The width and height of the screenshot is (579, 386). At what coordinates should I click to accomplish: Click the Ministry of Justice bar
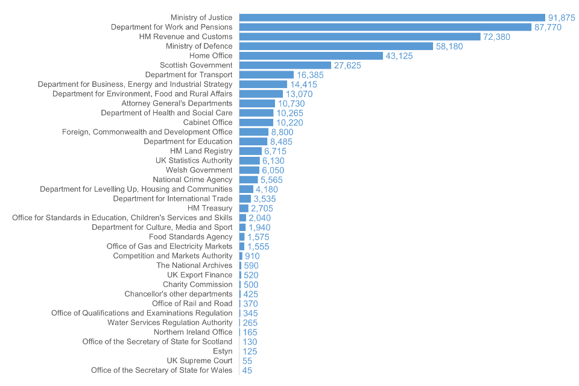tap(392, 17)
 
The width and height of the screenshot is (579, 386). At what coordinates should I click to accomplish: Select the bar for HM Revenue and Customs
tap(359, 37)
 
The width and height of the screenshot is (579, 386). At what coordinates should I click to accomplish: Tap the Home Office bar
tap(311, 55)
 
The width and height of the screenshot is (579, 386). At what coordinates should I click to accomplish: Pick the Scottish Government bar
tap(285, 65)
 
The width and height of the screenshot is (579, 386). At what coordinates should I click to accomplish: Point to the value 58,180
tap(449, 46)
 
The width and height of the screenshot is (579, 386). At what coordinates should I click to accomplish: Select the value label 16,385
tap(310, 75)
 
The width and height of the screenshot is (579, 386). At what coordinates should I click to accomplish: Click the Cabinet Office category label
tap(207, 122)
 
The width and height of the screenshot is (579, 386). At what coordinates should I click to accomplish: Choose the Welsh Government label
tap(198, 170)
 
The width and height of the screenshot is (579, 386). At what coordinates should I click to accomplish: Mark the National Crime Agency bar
tap(248, 180)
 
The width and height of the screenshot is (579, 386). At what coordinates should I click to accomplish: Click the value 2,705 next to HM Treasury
tap(262, 208)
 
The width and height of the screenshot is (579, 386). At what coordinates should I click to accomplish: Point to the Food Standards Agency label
tap(191, 237)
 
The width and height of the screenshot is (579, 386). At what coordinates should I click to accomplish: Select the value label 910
tap(252, 256)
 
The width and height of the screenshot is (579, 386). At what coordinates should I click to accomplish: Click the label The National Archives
tap(194, 265)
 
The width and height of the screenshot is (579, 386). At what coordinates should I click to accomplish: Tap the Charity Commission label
tap(197, 284)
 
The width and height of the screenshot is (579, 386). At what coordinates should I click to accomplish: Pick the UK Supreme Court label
tap(199, 361)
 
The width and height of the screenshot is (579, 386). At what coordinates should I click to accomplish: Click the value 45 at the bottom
tap(247, 370)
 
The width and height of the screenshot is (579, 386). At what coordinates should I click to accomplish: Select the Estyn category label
tap(223, 351)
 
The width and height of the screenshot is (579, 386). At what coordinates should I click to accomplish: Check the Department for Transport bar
tap(266, 75)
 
